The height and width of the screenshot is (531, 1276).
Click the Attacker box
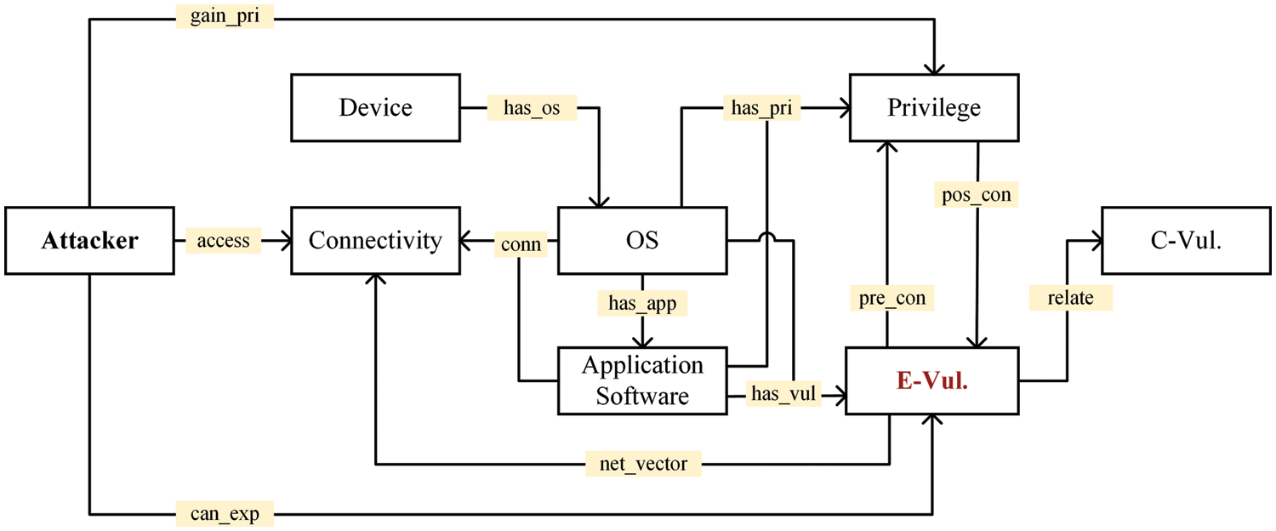click(89, 241)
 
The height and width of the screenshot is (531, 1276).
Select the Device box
click(375, 108)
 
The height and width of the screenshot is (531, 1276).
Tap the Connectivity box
click(375, 241)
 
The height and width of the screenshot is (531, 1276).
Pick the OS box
click(642, 241)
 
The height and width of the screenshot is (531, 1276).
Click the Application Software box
click(642, 380)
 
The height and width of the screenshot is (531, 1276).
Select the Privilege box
click(933, 108)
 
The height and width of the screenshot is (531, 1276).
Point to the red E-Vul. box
click(932, 380)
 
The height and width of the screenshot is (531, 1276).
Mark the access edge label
click(223, 241)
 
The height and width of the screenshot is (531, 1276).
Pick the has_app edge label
click(642, 303)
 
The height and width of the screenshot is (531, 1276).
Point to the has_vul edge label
click(783, 393)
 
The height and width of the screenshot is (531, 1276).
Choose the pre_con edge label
click(891, 298)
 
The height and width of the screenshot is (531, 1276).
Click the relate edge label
click(1070, 298)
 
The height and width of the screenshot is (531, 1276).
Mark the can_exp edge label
click(225, 514)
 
